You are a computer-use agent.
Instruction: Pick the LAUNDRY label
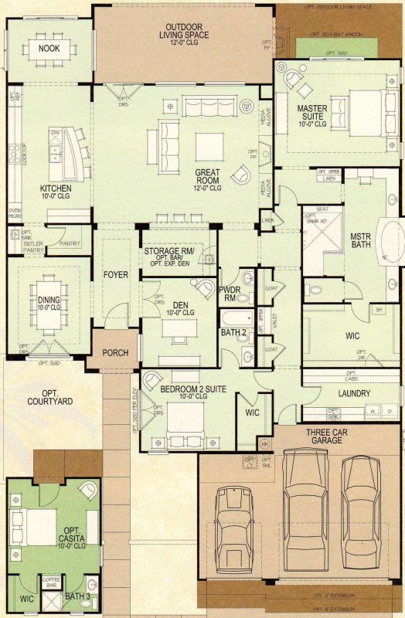pyautogui.click(x=355, y=393)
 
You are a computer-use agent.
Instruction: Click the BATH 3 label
pyautogui.click(x=77, y=596)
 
